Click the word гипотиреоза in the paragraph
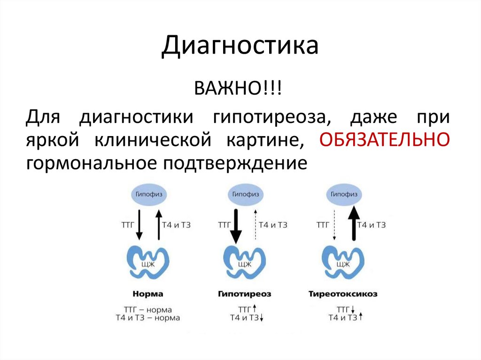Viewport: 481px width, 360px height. pyautogui.click(x=271, y=116)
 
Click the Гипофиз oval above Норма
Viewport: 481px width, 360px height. pyautogui.click(x=147, y=194)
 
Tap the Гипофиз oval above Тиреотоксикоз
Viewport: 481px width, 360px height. pyautogui.click(x=343, y=194)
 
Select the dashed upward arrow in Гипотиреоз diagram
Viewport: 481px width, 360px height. pyautogui.click(x=254, y=224)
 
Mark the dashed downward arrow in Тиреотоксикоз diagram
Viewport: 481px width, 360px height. pyautogui.click(x=335, y=224)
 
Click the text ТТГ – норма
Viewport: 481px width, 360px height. pyautogui.click(x=148, y=310)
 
